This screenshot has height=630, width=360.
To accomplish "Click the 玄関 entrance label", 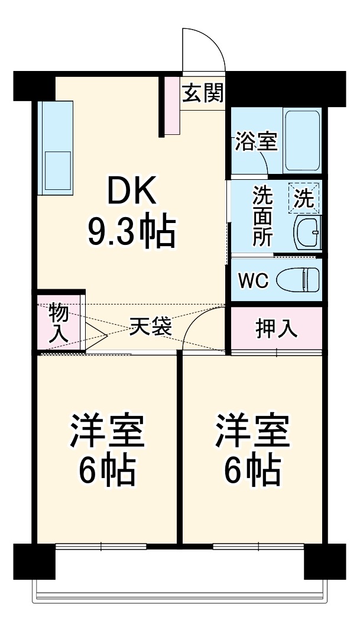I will (x=203, y=93).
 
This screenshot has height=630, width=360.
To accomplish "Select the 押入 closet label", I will (x=276, y=329).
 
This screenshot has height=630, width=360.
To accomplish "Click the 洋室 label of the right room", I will (x=252, y=431).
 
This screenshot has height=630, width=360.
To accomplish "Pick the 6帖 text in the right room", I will (x=252, y=470).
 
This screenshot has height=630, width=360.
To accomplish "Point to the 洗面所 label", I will (x=261, y=215).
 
